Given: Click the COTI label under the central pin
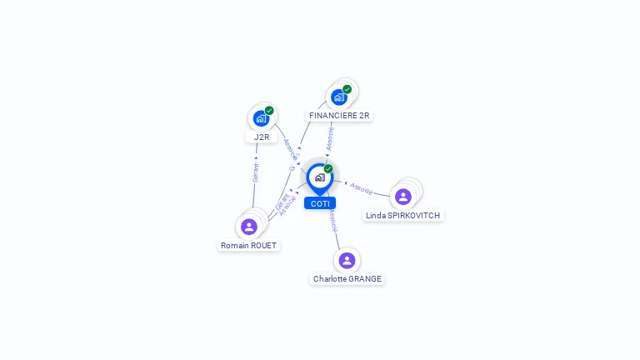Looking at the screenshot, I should [320, 203].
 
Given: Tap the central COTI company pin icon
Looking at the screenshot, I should [319, 177].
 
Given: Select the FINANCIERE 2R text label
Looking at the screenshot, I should [339, 115].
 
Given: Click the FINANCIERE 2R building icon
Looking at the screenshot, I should [338, 97].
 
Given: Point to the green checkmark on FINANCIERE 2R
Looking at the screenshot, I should [347, 89].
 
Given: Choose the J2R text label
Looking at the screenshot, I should [262, 137].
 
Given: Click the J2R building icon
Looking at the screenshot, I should [261, 118].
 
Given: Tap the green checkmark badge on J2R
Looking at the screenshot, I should [269, 111].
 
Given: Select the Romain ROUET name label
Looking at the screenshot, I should [248, 245].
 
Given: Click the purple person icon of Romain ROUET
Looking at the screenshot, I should [248, 227].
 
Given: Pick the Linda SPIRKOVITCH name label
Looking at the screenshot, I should [402, 215].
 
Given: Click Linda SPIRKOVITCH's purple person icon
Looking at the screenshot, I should [403, 197].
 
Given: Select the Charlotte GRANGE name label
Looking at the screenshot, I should [347, 278].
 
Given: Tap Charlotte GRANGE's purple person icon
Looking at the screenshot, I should [347, 260].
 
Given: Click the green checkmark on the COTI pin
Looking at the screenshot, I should [328, 169].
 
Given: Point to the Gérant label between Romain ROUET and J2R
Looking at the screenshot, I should [256, 172].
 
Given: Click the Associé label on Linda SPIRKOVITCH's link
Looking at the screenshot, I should [362, 188].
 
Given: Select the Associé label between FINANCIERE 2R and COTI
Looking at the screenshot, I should [330, 138].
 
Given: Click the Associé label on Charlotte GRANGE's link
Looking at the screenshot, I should [333, 221].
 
